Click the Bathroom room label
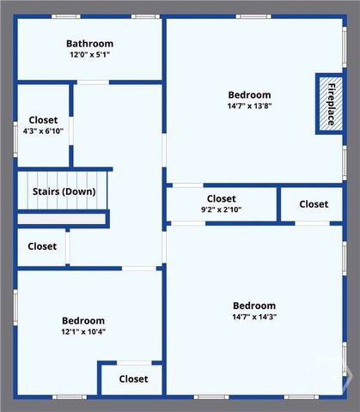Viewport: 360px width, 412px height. (89, 44)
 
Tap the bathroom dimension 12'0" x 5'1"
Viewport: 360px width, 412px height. (89, 55)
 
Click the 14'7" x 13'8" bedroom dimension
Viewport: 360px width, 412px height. (249, 106)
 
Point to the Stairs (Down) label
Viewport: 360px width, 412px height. (64, 191)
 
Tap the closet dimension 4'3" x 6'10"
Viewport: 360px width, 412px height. (43, 131)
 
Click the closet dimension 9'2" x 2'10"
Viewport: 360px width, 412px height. (221, 209)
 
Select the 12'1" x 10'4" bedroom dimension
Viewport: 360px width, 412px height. (83, 331)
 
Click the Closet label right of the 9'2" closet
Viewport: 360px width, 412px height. (314, 204)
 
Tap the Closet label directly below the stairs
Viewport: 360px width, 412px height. (42, 246)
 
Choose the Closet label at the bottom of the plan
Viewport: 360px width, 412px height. (133, 379)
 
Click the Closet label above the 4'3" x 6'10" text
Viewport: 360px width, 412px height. (43, 120)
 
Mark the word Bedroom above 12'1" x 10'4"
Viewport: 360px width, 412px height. (83, 320)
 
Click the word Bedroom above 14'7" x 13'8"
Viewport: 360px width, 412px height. (249, 95)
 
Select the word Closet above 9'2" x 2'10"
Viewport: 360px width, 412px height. (221, 198)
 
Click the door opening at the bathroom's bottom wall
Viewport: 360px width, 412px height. (93, 82)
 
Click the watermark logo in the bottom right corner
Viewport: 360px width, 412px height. (342, 378)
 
